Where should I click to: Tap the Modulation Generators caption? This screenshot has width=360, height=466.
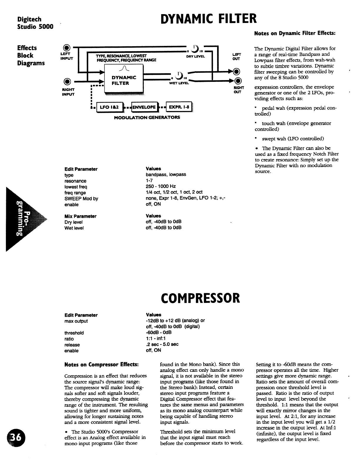[147, 117]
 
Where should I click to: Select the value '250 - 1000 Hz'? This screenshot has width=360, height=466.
[161, 186]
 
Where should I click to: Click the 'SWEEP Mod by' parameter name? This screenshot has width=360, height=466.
[81, 199]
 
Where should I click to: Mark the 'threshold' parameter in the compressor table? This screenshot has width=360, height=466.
[74, 333]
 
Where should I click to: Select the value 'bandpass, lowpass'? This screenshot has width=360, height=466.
[166, 175]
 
